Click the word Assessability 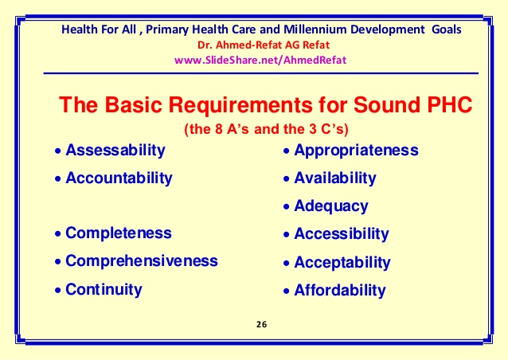[115, 151]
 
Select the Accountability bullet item [113, 178]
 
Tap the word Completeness [119, 233]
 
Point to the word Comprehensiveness [142, 261]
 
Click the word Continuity [104, 289]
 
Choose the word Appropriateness [357, 151]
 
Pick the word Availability [335, 178]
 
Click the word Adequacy [331, 206]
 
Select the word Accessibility [342, 234]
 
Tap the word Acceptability [342, 263]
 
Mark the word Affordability [340, 291]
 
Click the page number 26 [261, 324]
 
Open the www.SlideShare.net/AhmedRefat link [260, 61]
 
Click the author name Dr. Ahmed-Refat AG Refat [264, 45]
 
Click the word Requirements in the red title [240, 105]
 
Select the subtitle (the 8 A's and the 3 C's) [266, 129]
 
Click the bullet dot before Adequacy [286, 207]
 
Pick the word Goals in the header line [447, 29]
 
